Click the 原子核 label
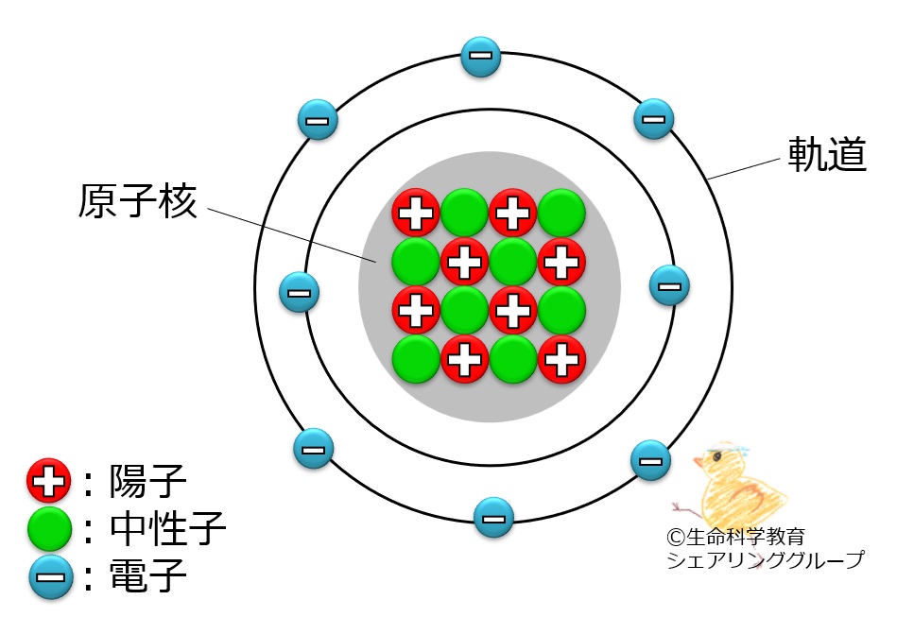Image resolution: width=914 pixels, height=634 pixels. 138,201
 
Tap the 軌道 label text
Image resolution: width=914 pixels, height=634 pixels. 827,154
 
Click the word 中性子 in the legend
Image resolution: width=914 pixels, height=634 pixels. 168,528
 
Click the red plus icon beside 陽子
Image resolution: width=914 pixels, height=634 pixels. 49,481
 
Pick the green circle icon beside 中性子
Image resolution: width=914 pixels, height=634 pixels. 49,528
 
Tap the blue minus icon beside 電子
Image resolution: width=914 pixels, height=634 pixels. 51,578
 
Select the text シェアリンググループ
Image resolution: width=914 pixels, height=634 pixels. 766,559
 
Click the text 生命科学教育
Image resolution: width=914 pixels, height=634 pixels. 746,536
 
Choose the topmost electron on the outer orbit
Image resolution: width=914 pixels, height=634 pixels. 481,57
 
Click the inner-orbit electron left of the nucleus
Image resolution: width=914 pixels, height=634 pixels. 300,293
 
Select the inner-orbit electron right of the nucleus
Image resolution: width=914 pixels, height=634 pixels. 670,285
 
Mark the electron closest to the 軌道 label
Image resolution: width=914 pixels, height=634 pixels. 654,119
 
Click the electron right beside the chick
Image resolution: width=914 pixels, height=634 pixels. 651,460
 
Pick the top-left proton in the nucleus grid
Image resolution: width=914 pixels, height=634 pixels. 416,213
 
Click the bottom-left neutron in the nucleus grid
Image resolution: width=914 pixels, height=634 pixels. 416,359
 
